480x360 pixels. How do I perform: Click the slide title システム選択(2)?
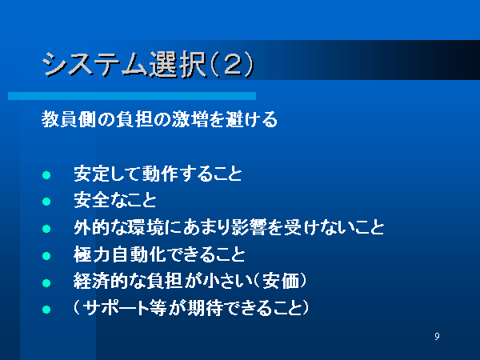(148, 65)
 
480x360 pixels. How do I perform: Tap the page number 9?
(437, 336)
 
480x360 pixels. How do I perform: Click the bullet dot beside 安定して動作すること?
(46, 175)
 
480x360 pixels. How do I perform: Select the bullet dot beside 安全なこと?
(46, 202)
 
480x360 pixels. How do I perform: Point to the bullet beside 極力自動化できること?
(46, 256)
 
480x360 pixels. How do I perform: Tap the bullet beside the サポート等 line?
(46, 310)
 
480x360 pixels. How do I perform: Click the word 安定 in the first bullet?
(92, 174)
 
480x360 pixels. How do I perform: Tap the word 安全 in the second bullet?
(92, 200)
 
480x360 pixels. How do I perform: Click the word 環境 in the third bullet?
(146, 227)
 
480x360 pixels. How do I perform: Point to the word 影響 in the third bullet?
(249, 227)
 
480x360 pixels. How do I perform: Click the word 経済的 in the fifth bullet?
(101, 281)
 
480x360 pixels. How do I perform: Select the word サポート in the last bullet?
(116, 308)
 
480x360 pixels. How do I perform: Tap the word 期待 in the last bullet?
(205, 308)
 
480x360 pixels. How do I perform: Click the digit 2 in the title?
(232, 65)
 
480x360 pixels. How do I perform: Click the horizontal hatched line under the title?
(132, 96)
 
